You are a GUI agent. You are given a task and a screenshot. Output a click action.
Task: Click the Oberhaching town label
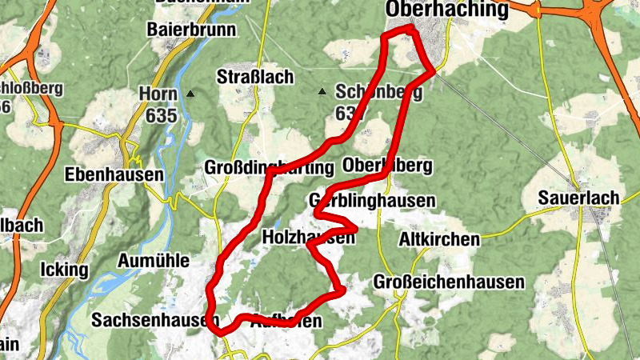tap(446, 10)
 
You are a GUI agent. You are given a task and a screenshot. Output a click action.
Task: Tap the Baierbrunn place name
tap(191, 30)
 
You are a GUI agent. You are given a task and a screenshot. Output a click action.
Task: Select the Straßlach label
tap(255, 78)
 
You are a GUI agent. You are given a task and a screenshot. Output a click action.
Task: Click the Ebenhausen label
tap(103, 174)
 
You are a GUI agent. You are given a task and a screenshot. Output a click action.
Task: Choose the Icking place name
tap(63, 270)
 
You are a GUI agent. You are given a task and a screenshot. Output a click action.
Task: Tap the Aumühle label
tap(153, 260)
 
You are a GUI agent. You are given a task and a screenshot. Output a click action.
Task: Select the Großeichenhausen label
tap(449, 282)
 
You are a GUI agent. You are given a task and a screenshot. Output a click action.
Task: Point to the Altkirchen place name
tap(439, 239)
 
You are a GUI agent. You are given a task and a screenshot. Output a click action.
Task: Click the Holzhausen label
tap(309, 238)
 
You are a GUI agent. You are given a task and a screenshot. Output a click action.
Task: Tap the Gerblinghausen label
tap(372, 200)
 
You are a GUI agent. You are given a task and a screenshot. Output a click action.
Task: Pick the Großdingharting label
tap(269, 168)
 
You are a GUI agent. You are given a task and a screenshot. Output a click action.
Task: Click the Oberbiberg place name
tap(386, 166)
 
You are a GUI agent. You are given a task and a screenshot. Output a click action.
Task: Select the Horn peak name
tap(158, 94)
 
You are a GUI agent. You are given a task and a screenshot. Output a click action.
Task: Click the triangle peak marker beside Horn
tap(190, 94)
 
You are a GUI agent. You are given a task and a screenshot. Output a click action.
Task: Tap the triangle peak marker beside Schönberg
tap(322, 92)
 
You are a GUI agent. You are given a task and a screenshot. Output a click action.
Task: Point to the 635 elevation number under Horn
tap(161, 115)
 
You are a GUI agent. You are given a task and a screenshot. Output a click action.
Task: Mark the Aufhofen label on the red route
tap(286, 322)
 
